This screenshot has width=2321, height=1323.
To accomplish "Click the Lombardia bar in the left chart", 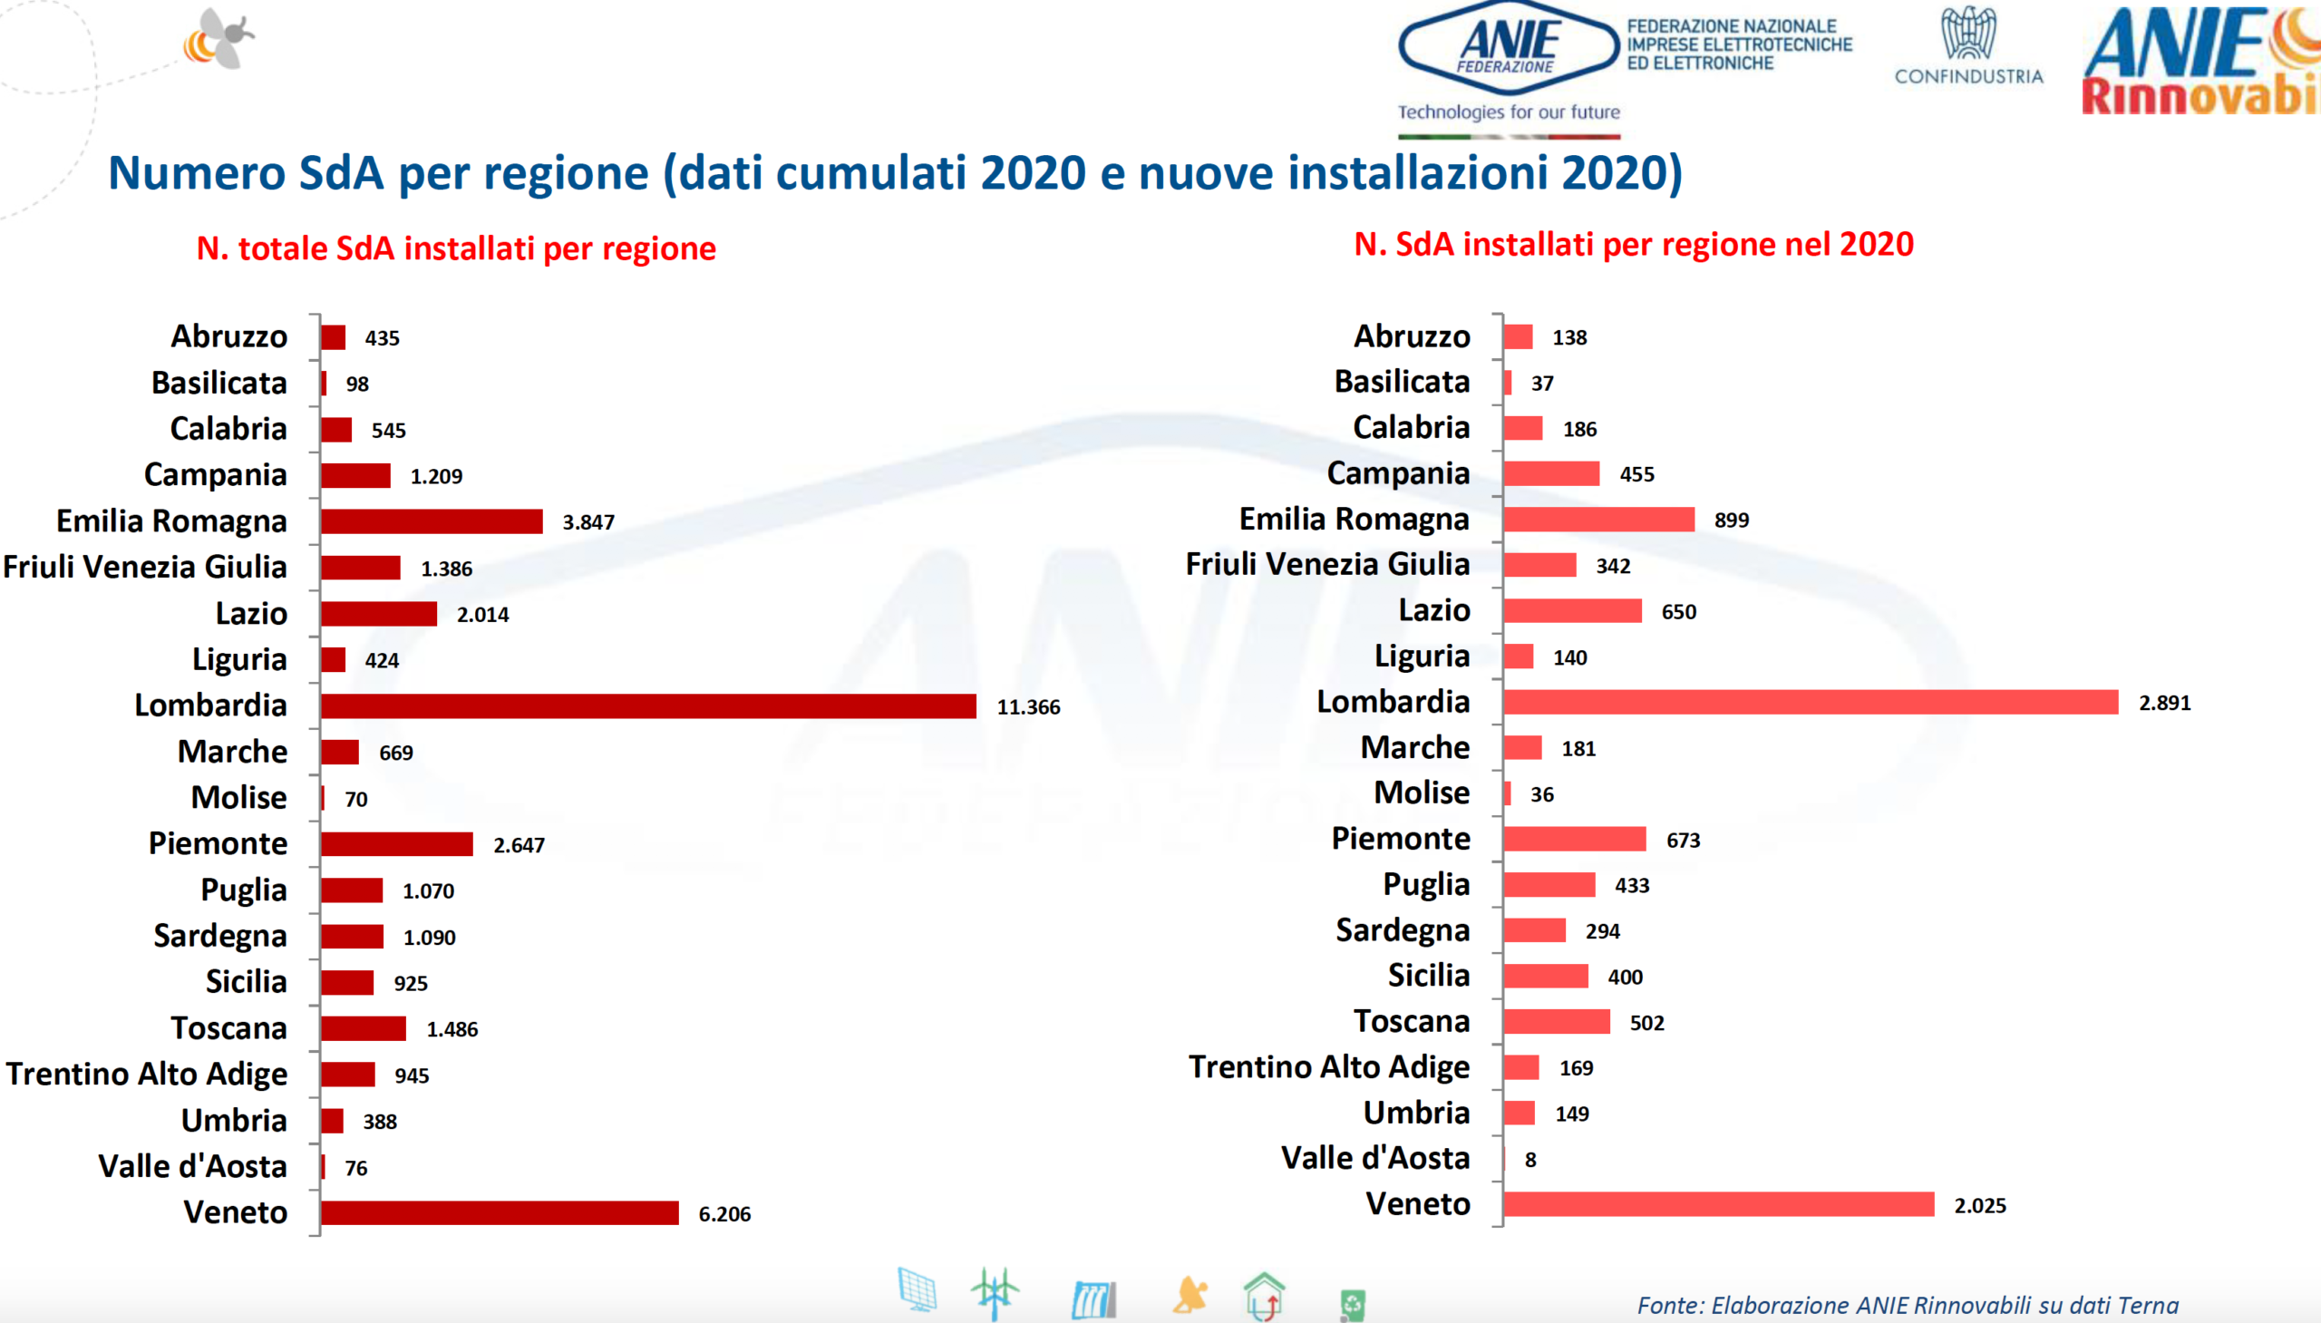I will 647,706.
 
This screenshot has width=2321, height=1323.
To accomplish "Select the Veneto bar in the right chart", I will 1718,1204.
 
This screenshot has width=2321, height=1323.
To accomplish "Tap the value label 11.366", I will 1028,707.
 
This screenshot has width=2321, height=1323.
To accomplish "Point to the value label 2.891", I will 2164,703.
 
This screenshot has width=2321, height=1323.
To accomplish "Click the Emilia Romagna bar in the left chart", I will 432,521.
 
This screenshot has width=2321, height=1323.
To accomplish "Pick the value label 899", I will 1731,520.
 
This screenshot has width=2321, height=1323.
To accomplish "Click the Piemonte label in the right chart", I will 1400,838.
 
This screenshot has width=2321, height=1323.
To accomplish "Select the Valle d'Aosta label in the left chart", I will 192,1166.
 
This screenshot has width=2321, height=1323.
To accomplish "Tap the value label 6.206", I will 724,1214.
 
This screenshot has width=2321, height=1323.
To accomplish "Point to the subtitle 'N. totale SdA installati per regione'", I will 456,248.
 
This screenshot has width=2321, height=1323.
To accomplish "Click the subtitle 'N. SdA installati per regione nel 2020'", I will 1634,245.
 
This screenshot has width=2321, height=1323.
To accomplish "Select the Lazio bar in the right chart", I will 1571,610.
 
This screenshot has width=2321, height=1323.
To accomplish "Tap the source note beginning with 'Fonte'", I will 1907,1305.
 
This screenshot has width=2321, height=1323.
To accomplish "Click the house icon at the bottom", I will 1264,1295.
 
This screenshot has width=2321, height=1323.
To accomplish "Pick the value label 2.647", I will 519,845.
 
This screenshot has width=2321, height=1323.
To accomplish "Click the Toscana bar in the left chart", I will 363,1028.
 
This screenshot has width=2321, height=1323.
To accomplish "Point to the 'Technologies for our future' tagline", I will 1508,112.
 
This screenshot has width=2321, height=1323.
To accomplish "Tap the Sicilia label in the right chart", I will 1428,975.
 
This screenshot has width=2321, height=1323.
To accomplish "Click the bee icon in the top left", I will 220,40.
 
